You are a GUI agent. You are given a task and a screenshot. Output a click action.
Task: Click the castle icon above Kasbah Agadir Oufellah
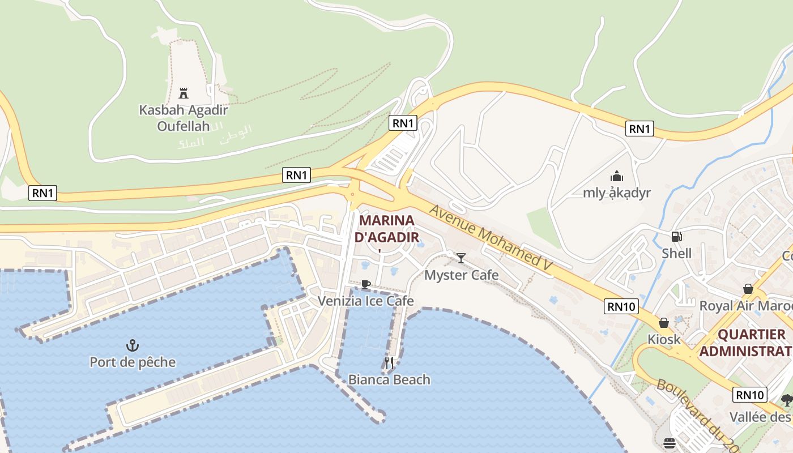pyautogui.click(x=184, y=93)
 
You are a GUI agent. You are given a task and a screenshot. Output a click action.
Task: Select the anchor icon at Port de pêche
pyautogui.click(x=133, y=345)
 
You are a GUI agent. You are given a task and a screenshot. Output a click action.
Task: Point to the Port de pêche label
pyautogui.click(x=133, y=362)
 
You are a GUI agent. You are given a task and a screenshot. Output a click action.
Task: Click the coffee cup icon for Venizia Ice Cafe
pyautogui.click(x=365, y=284)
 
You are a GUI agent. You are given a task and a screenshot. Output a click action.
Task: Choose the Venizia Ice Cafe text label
pyautogui.click(x=365, y=301)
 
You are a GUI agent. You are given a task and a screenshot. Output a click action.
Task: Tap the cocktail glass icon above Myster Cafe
pyautogui.click(x=461, y=258)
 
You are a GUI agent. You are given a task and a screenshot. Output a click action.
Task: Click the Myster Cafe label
pyautogui.click(x=461, y=275)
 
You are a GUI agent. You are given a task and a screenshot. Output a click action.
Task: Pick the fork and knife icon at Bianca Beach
pyautogui.click(x=389, y=363)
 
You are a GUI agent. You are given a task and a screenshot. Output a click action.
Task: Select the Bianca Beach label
pyautogui.click(x=389, y=379)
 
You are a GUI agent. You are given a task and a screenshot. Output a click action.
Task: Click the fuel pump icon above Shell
pyautogui.click(x=676, y=236)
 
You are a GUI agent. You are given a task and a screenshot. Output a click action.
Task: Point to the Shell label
pyautogui.click(x=676, y=253)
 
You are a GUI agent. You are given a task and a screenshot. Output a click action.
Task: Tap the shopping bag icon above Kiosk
pyautogui.click(x=664, y=323)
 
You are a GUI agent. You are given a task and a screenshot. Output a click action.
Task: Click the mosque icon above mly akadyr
pyautogui.click(x=617, y=176)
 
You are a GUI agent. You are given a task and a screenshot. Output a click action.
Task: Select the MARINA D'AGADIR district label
pyautogui.click(x=386, y=228)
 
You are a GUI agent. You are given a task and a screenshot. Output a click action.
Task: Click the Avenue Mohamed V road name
pyautogui.click(x=491, y=240)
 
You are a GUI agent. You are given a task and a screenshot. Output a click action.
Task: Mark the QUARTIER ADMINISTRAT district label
pyautogui.click(x=745, y=343)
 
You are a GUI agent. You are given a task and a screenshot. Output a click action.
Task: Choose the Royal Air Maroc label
pyautogui.click(x=745, y=306)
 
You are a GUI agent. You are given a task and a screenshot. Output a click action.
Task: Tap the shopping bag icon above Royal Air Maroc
pyautogui.click(x=748, y=289)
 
